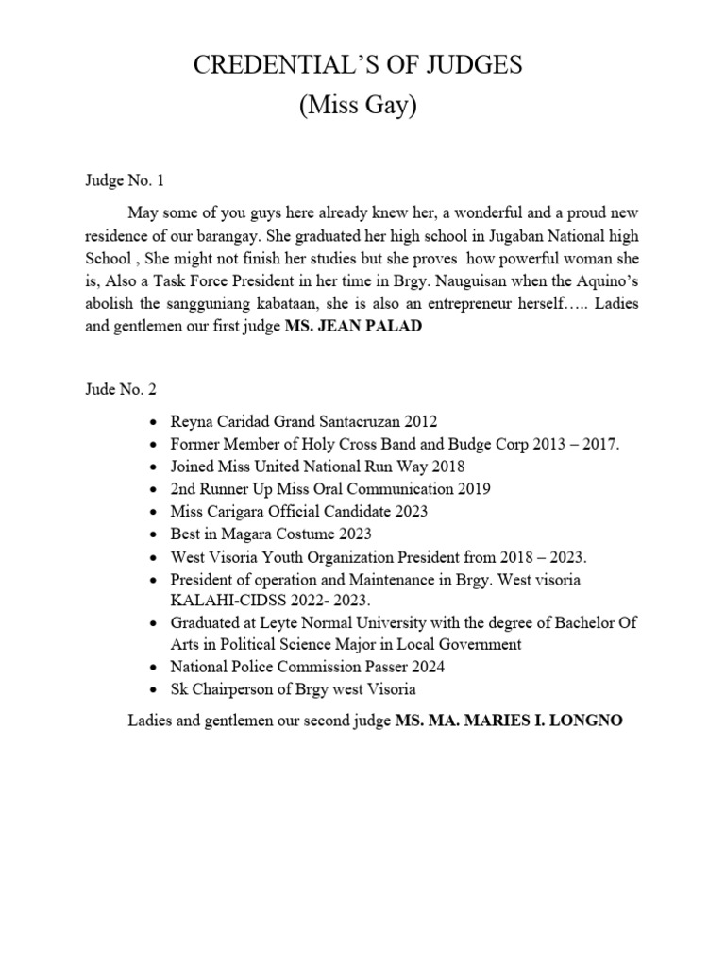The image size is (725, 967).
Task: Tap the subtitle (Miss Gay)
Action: pos(358,107)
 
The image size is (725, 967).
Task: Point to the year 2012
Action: pos(421,422)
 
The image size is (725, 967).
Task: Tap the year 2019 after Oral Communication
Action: pos(473,488)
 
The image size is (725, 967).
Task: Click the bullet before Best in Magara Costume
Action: pos(154,534)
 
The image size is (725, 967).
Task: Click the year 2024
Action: pos(425,667)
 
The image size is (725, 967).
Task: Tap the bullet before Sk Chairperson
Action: pos(154,690)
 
